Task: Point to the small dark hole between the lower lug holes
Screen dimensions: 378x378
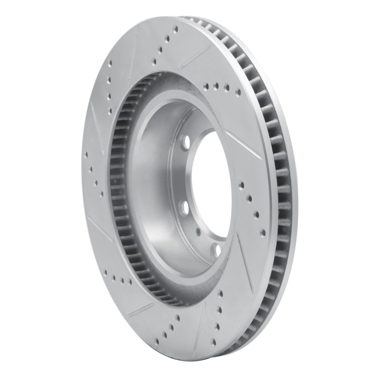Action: [x=198, y=232]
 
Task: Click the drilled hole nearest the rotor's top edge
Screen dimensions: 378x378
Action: [x=175, y=29]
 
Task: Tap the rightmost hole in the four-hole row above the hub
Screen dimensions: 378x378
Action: [x=238, y=91]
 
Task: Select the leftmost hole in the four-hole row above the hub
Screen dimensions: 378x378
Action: [x=206, y=86]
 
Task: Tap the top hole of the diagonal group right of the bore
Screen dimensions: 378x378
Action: [x=241, y=185]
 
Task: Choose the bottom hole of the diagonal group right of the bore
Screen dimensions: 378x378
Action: [x=263, y=233]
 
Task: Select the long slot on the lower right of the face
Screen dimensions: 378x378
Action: [x=246, y=265]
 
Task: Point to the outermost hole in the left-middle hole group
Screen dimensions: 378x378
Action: [x=86, y=154]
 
